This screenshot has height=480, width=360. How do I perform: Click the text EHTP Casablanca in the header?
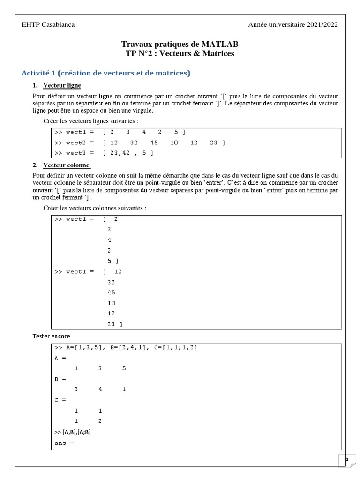coord(48,25)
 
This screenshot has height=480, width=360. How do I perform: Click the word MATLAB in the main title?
coord(220,44)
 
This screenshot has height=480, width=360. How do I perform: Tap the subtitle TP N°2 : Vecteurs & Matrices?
coord(180,53)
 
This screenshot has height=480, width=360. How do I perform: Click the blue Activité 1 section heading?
coord(106,73)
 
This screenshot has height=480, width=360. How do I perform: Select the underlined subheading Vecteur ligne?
coord(62,85)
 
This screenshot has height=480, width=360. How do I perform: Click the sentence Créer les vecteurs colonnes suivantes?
coord(95,208)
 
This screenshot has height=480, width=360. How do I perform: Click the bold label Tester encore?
coord(51,336)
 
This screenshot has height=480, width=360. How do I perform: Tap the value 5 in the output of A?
coord(124,368)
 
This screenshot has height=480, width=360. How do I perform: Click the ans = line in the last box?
coord(64,443)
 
